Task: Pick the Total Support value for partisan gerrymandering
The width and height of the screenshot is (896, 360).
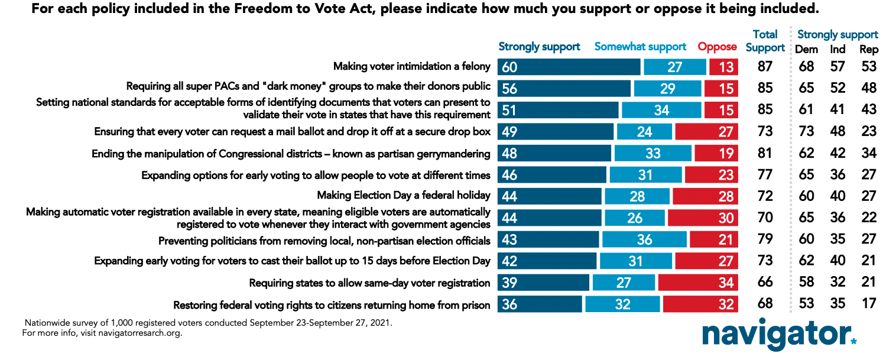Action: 765,154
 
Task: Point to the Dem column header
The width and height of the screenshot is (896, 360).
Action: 806,50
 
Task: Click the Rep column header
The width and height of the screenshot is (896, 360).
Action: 868,50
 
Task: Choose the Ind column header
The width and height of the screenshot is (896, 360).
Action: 837,50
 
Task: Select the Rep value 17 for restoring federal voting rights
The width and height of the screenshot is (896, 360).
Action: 868,304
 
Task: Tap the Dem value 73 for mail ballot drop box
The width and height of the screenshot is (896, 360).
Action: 806,131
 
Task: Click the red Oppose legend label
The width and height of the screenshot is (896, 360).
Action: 718,47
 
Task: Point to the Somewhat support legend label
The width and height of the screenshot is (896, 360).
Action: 640,47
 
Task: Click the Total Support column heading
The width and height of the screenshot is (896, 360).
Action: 765,41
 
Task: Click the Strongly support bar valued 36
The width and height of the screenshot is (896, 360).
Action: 540,304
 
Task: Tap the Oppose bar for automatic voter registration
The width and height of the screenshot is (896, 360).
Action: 703,218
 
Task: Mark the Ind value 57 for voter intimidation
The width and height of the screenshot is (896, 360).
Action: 837,67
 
